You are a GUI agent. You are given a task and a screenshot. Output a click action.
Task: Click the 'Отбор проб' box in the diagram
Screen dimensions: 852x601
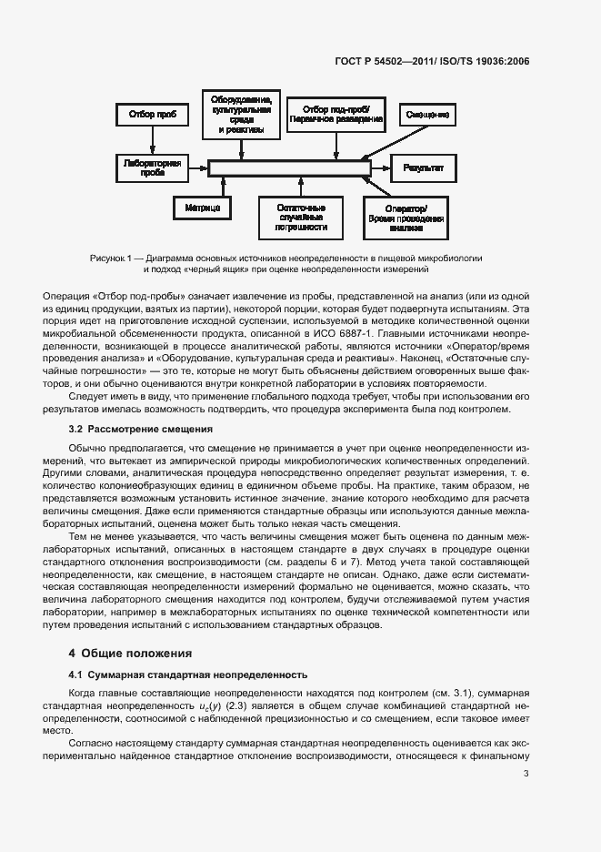point(153,115)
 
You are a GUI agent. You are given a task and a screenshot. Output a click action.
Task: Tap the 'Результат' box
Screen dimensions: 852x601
point(423,167)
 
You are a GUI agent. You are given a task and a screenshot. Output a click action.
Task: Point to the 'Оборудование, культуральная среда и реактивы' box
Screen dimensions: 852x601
point(241,115)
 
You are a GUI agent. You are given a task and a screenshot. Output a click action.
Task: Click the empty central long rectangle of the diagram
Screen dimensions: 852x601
point(289,167)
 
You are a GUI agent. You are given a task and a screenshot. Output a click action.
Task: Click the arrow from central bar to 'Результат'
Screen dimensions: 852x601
point(381,167)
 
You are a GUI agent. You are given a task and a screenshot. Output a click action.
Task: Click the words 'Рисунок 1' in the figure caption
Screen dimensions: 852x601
point(111,259)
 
